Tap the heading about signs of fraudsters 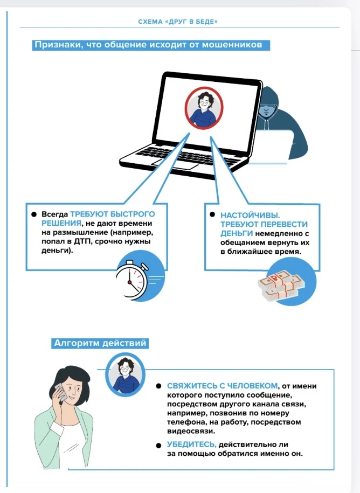pyautogui.click(x=148, y=45)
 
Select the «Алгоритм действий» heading pyautogui.click(x=100, y=343)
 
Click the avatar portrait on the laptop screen pyautogui.click(x=204, y=107)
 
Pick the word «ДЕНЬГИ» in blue pyautogui.click(x=236, y=233)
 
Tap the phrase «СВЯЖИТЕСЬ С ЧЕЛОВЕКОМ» pyautogui.click(x=223, y=386)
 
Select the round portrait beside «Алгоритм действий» pyautogui.click(x=125, y=372)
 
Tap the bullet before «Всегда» pyautogui.click(x=34, y=214)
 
